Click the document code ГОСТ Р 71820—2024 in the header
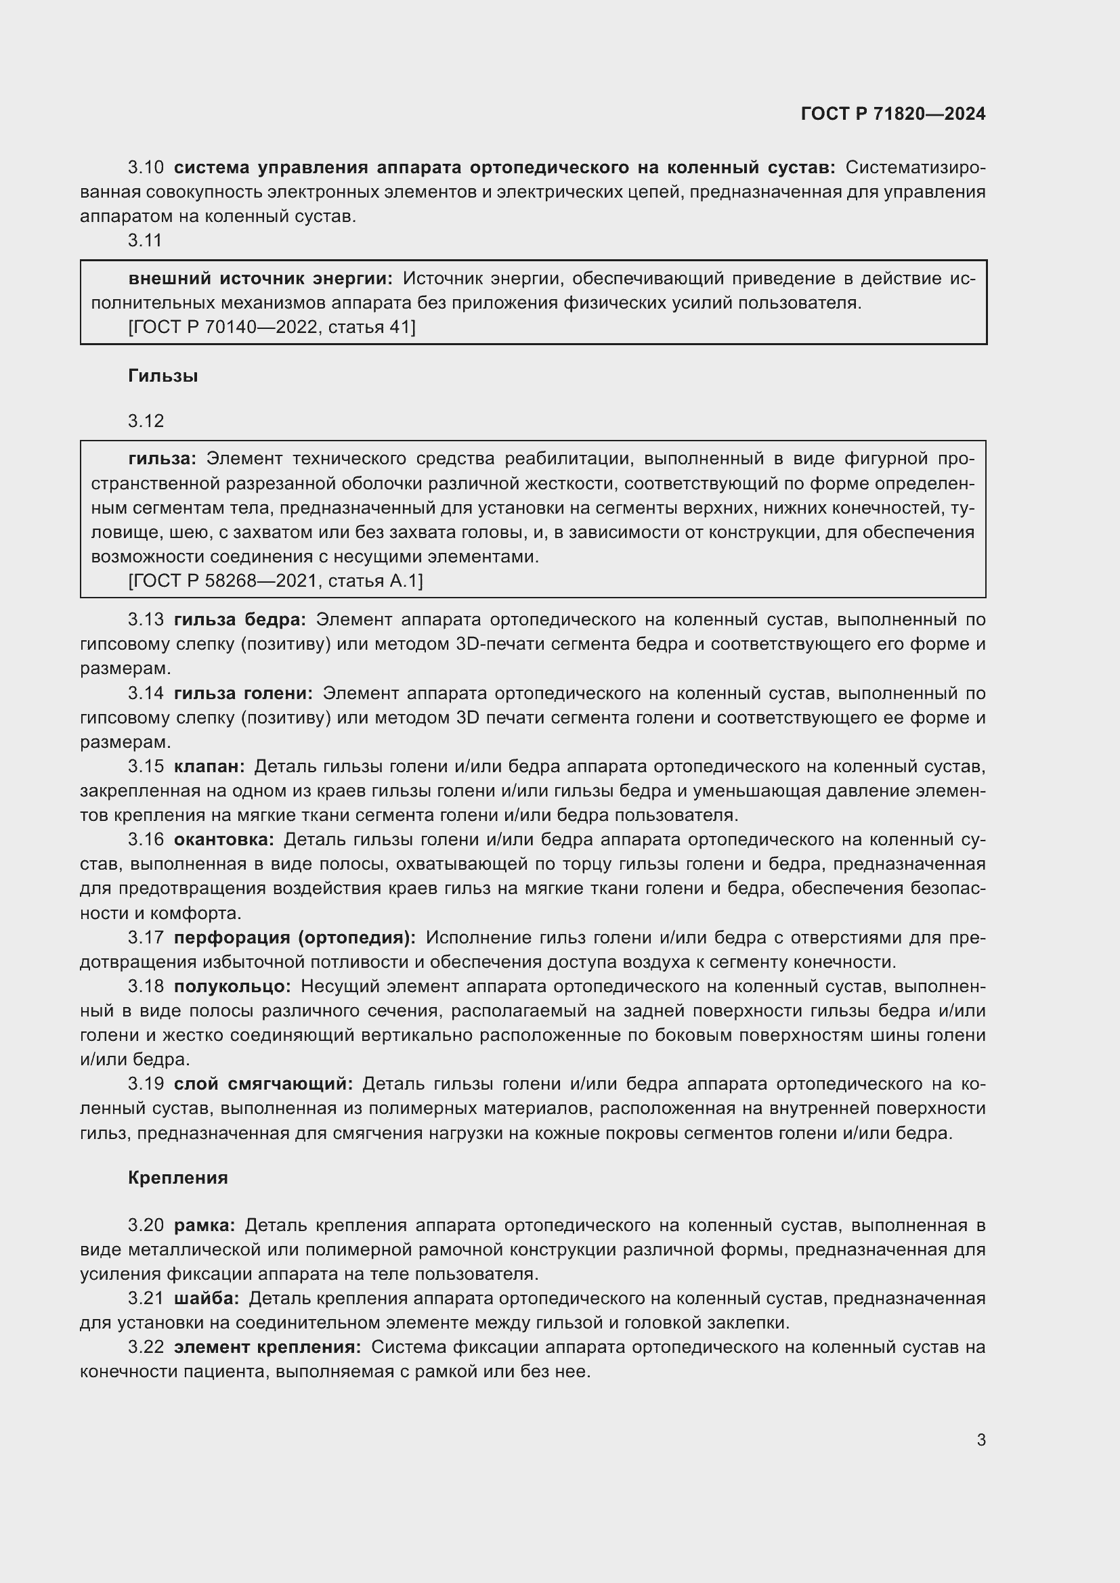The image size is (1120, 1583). click(892, 114)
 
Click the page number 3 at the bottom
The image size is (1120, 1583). click(981, 1440)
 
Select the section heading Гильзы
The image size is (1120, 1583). click(163, 376)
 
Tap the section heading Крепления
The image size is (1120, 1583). click(178, 1178)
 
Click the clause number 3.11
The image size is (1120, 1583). click(145, 240)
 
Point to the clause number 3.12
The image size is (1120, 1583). click(146, 420)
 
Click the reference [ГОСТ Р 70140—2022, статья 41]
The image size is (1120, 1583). click(272, 327)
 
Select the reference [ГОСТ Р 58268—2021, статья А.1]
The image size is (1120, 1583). click(275, 581)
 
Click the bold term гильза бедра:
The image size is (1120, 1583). click(239, 620)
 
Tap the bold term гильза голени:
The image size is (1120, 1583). click(243, 693)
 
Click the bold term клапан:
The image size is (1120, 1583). click(209, 766)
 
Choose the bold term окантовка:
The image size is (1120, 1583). click(223, 839)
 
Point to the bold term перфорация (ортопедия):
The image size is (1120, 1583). click(295, 937)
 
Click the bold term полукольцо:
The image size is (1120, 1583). click(232, 987)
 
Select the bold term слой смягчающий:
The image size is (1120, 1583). click(263, 1084)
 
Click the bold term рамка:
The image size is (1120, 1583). click(204, 1225)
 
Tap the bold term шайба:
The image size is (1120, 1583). click(207, 1298)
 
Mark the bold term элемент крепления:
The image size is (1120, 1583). click(267, 1347)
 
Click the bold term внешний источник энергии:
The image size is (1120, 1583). click(260, 279)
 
